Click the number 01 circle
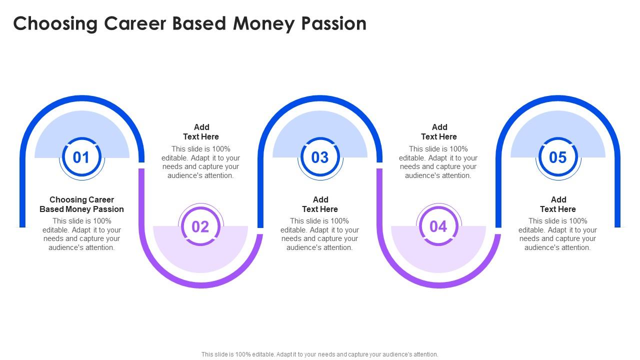(81, 157)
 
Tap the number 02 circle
(200, 226)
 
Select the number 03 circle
(319, 157)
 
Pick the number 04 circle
(438, 226)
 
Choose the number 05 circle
(557, 157)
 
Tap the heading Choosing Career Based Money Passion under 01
(81, 204)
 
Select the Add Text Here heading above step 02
(201, 132)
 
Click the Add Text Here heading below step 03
(320, 204)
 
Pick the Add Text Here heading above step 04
(439, 132)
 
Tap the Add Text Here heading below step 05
(558, 204)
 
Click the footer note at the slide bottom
(320, 354)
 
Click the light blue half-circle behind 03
(320, 125)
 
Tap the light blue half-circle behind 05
(557, 125)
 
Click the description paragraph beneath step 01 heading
(81, 234)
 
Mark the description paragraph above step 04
(438, 162)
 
